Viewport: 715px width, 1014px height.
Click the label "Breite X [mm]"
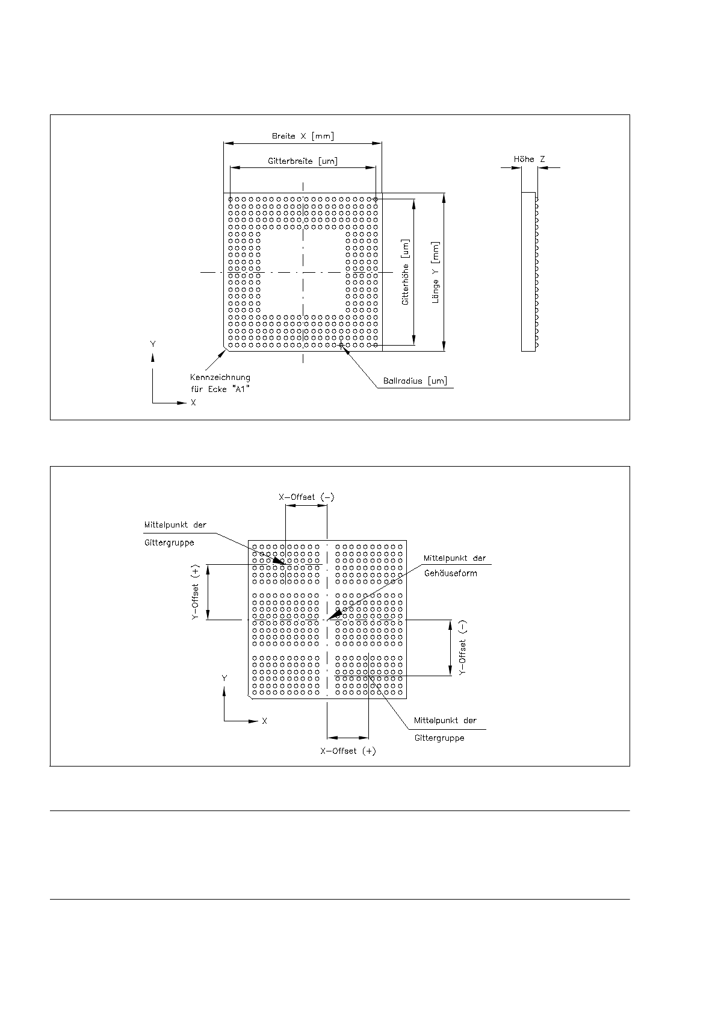click(x=302, y=136)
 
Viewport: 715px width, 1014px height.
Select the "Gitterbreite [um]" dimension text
click(x=302, y=161)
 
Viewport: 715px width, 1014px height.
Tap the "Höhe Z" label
click(x=529, y=159)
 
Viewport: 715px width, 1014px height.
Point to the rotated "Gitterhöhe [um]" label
click(x=406, y=272)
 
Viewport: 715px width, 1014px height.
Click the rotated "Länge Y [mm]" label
click(x=436, y=272)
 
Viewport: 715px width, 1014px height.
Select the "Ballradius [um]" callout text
click(x=415, y=381)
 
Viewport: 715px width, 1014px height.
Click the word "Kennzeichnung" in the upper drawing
click(x=220, y=378)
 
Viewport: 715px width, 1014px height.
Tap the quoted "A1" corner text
click(x=240, y=390)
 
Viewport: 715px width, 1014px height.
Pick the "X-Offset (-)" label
click(x=306, y=497)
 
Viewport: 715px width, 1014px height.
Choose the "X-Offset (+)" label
click(x=348, y=751)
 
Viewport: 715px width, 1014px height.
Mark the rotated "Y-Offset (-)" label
click(x=462, y=648)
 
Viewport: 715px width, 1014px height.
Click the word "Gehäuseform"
click(x=450, y=573)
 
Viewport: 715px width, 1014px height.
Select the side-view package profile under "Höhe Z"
click(x=528, y=272)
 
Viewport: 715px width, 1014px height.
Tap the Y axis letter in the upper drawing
click(x=153, y=344)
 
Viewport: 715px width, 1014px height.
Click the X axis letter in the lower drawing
click(x=264, y=721)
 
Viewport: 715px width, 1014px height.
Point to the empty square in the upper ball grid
click(x=303, y=272)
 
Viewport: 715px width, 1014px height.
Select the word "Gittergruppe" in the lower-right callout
click(x=439, y=738)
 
